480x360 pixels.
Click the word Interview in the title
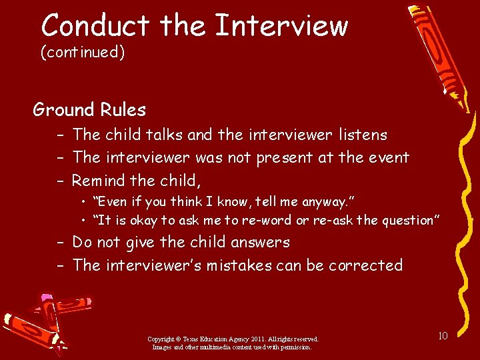tap(281, 26)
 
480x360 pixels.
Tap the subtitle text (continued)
tap(83, 53)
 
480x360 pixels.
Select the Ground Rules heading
tap(89, 109)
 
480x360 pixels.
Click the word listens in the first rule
tap(363, 135)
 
